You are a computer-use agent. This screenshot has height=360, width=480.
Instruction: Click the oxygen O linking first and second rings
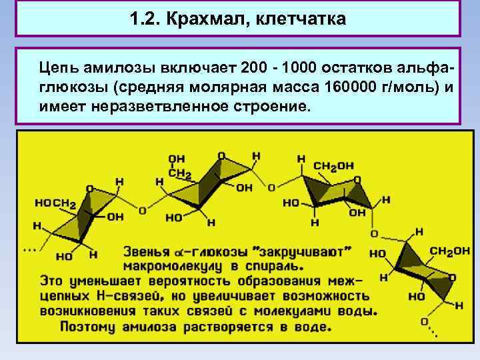pyautogui.click(x=142, y=210)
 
